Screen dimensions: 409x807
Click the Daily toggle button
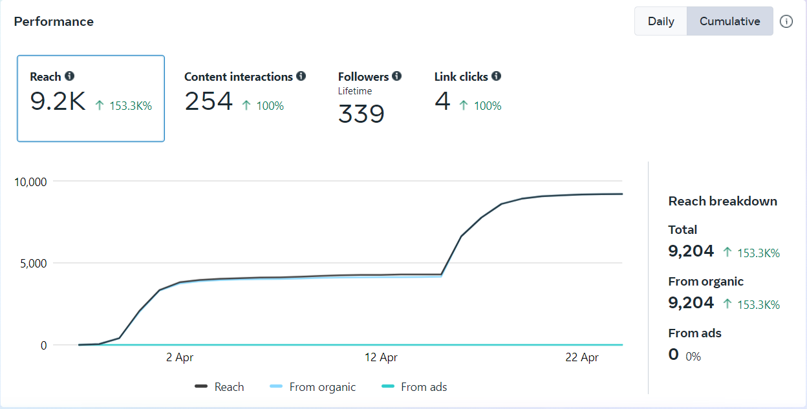pos(661,21)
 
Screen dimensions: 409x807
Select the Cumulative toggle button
pos(729,21)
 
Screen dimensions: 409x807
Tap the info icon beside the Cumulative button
pos(786,21)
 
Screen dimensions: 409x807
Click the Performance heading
pos(54,21)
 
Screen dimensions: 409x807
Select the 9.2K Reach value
pos(58,101)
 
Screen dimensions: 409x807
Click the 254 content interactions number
pos(208,101)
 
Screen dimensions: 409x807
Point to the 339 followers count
pos(361,114)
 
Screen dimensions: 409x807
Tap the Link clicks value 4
pos(442,101)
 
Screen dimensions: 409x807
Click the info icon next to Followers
pos(396,76)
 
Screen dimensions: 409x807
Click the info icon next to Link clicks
pos(496,76)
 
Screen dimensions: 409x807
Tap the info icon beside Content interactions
pos(301,76)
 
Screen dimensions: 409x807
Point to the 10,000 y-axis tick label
pos(30,182)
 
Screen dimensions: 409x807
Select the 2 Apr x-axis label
pos(180,357)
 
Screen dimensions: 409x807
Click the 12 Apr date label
pos(381,357)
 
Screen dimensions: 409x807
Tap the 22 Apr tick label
pos(582,357)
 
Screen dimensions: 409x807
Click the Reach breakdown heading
pos(722,201)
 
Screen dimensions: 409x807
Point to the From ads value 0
pos(674,354)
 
